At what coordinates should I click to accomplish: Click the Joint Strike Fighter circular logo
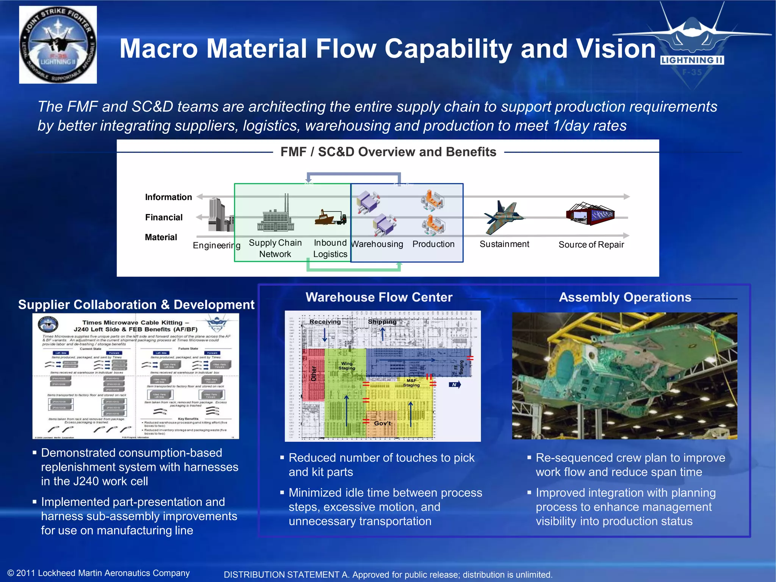coord(58,45)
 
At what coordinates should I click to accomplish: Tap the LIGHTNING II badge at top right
coord(692,60)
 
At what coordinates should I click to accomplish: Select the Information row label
coord(168,197)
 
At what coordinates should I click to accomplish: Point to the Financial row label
coord(164,217)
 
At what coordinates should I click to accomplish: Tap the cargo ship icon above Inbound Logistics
coord(330,217)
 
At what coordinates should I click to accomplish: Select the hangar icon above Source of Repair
coord(590,214)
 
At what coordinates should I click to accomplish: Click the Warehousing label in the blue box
coord(377,244)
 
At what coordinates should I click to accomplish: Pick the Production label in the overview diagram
coord(433,244)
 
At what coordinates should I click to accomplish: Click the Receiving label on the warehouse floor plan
coord(325,322)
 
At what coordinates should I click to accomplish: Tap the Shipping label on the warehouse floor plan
coord(382,322)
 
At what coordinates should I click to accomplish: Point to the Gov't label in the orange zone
coord(382,423)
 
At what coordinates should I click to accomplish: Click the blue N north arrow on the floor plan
coord(454,385)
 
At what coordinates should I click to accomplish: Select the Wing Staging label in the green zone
coord(347,366)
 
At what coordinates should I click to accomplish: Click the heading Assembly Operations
coord(625,297)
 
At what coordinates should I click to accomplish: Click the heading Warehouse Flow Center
coord(379,297)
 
